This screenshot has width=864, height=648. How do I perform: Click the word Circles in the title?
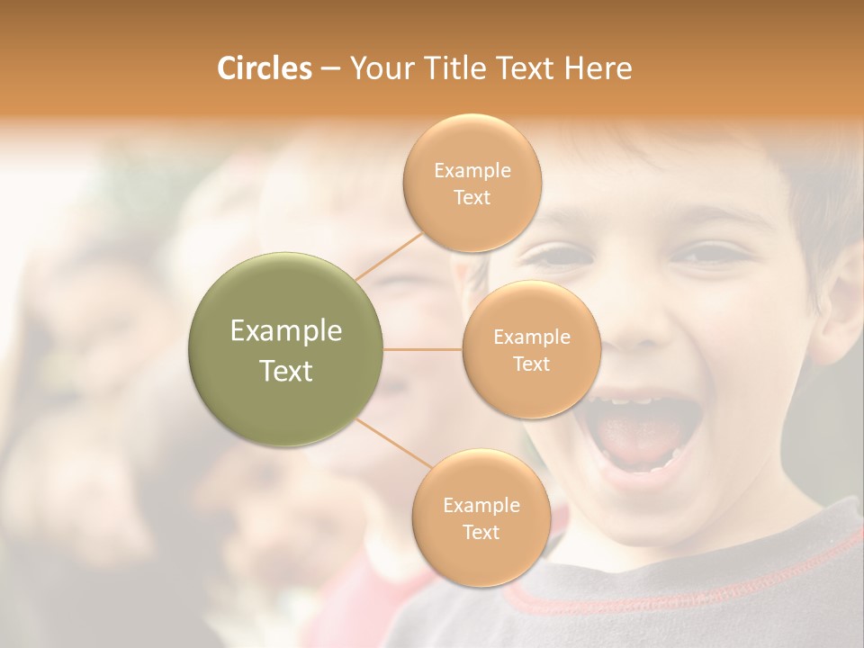tap(264, 68)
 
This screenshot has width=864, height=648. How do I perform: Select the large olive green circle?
tap(286, 349)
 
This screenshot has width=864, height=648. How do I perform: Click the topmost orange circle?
tap(472, 184)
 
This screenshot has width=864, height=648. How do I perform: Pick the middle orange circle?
tap(531, 349)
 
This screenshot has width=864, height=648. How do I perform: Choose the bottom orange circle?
tap(481, 518)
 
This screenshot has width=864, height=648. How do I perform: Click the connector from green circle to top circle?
tap(389, 255)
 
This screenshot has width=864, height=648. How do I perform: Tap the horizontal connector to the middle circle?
tap(423, 349)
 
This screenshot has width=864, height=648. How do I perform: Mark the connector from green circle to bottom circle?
tap(393, 443)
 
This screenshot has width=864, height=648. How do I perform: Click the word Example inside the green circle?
tap(286, 331)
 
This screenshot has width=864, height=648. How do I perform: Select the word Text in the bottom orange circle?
tap(481, 532)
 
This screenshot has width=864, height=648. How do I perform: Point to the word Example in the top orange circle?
tap(472, 171)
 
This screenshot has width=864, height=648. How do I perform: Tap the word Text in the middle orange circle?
tap(531, 364)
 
